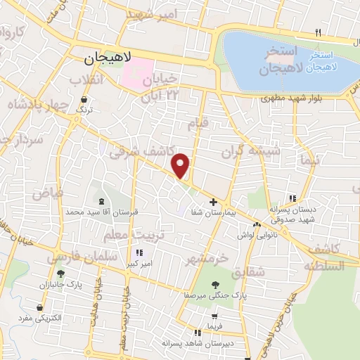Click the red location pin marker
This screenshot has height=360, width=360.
coord(181,165)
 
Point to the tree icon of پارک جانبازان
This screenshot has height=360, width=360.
coord(61,274)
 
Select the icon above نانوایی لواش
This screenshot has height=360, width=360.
coord(257,224)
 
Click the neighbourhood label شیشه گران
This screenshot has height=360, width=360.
coord(251,151)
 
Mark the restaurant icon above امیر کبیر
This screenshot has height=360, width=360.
coord(139,252)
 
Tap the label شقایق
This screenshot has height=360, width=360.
coord(251,272)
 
